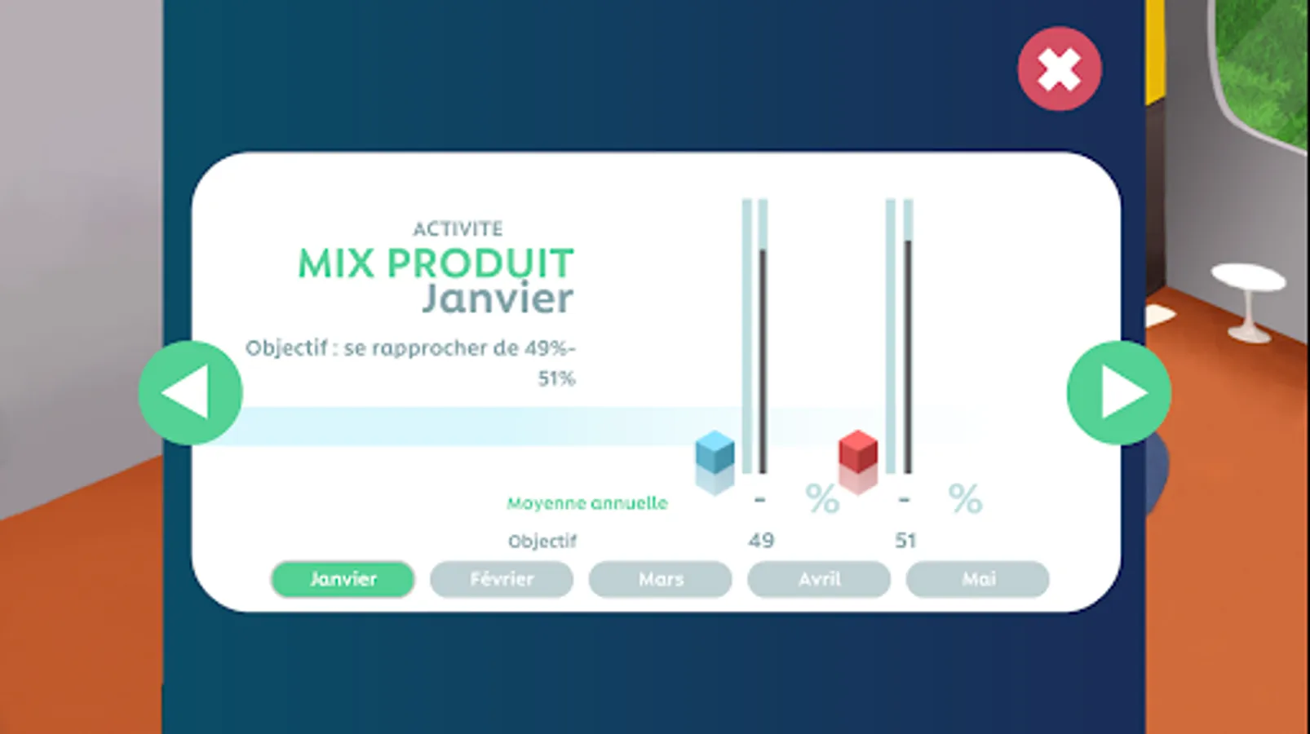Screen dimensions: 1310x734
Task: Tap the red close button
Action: pos(1059,69)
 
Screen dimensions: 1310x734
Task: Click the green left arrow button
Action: pos(190,392)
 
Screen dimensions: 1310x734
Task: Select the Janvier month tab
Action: pos(343,579)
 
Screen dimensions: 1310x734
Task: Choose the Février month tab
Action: pos(501,579)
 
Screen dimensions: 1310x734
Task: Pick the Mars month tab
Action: pos(660,579)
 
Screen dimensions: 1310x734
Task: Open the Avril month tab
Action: pos(819,579)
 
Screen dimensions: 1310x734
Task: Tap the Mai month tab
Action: pos(978,579)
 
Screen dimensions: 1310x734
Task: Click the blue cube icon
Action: pos(715,452)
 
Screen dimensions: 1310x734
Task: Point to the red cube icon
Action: pos(858,452)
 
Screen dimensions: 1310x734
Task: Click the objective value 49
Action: pos(761,541)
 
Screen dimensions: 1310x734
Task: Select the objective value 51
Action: pos(905,541)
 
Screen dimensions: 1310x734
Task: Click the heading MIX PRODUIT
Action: pos(436,263)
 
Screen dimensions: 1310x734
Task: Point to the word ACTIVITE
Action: pos(458,228)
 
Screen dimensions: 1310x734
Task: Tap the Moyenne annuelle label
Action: pos(587,503)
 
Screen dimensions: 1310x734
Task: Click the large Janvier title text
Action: pos(498,298)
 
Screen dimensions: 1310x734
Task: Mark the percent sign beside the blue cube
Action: pos(822,498)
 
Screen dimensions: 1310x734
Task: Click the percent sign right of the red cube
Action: pos(965,498)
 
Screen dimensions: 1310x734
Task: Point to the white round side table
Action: pos(1249,301)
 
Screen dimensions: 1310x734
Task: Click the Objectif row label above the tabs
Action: pos(542,542)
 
